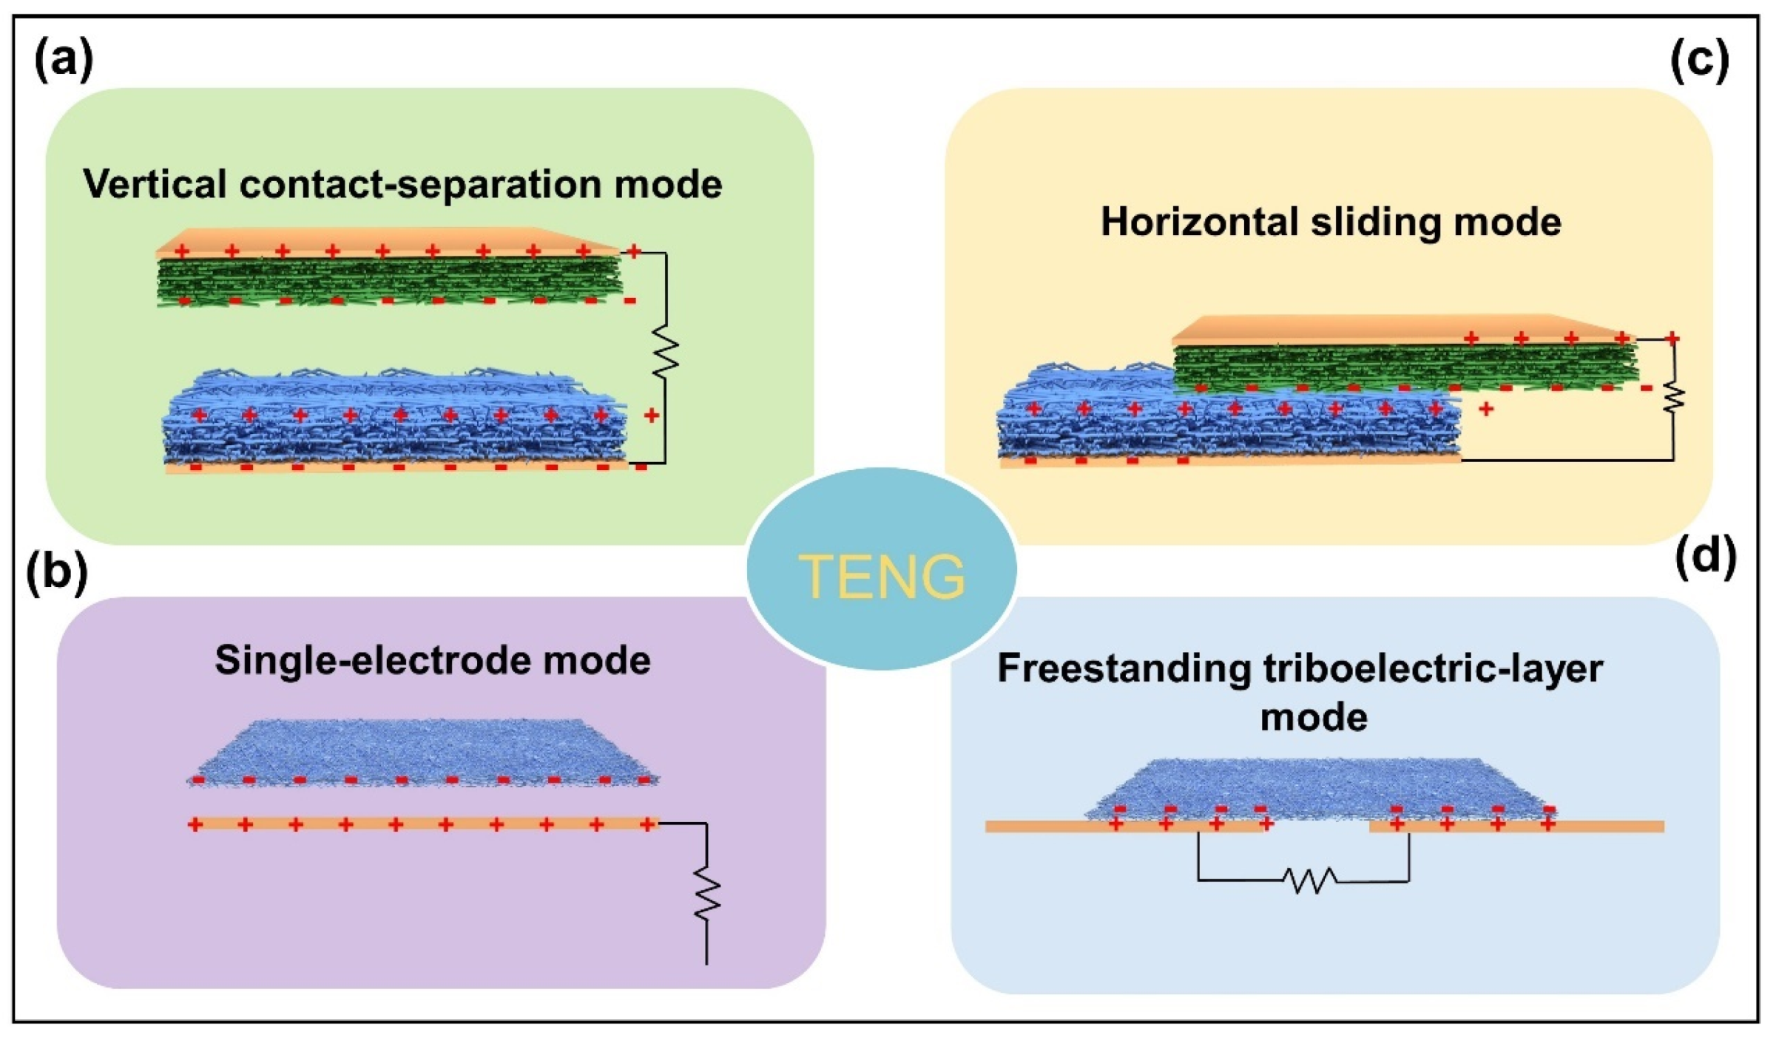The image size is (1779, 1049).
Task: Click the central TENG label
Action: coord(881,576)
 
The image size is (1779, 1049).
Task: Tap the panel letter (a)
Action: coord(64,59)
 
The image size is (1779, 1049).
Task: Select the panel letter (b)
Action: coord(56,573)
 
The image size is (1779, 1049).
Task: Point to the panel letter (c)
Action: coord(1700,59)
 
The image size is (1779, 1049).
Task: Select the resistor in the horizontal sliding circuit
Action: coord(1674,399)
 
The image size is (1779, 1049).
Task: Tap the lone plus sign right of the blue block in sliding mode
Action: coord(1485,409)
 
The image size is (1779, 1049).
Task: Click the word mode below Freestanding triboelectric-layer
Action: coord(1314,718)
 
